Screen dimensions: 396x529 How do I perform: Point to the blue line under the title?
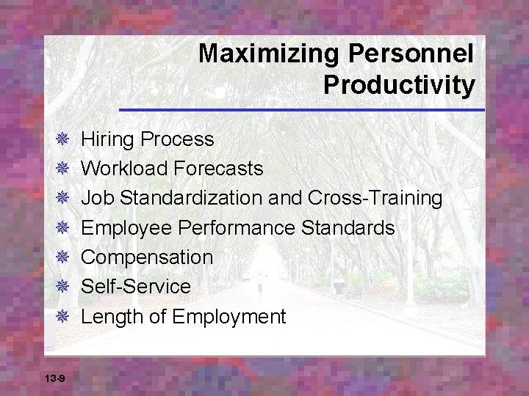point(302,110)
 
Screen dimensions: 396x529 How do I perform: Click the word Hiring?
point(107,139)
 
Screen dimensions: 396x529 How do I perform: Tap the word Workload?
point(125,169)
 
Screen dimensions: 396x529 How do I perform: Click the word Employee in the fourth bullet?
point(126,228)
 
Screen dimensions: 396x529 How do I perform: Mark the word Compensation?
point(147,257)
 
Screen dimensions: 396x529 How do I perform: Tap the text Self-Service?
point(136,287)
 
